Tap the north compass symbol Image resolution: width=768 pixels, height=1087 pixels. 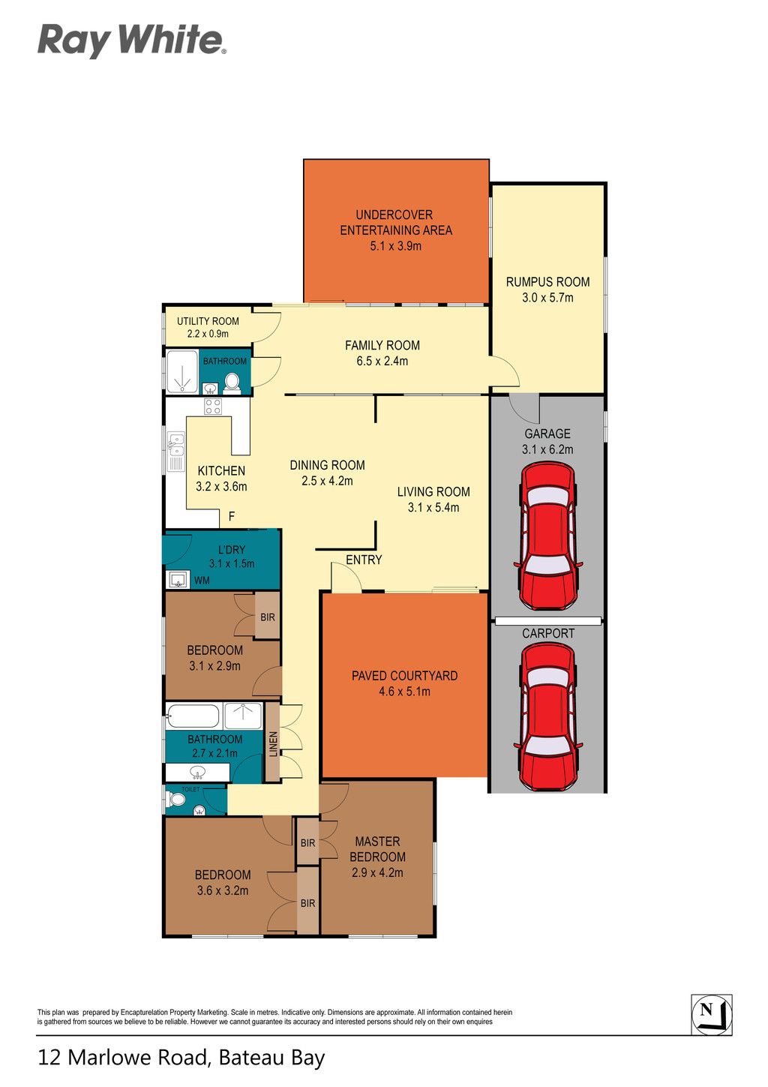(711, 1014)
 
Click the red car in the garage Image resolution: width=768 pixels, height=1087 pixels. (548, 536)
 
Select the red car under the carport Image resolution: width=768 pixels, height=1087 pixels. (548, 717)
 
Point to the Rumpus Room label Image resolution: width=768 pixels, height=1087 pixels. (547, 282)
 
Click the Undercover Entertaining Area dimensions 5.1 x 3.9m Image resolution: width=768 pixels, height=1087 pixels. (396, 246)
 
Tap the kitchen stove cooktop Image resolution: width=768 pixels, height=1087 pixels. (213, 406)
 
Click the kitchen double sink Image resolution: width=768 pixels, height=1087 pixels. (175, 452)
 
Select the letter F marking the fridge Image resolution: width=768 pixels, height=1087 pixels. (232, 516)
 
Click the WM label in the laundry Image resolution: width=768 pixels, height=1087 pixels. (202, 581)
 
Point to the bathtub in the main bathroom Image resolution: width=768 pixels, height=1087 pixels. (193, 716)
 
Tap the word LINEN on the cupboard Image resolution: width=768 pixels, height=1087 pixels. (273, 744)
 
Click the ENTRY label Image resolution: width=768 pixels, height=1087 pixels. (364, 560)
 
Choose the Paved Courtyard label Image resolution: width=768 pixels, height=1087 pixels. (404, 676)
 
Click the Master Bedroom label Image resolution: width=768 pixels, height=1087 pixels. (377, 849)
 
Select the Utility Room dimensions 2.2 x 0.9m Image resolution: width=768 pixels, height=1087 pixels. (208, 334)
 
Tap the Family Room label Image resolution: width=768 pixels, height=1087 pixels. (382, 346)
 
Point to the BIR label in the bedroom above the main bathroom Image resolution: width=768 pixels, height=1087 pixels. (268, 617)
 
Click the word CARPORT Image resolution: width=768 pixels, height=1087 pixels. (548, 633)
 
